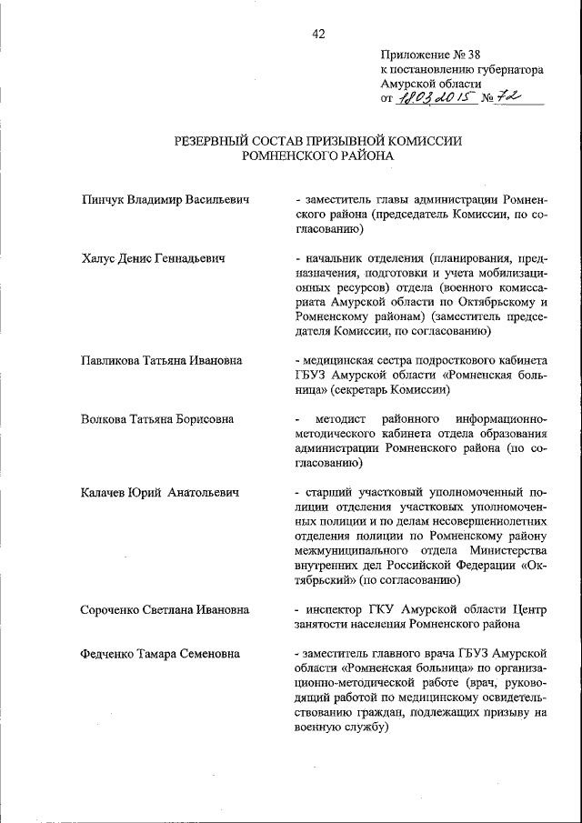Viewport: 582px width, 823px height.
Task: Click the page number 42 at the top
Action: click(x=318, y=34)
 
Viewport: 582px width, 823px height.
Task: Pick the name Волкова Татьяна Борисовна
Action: click(x=156, y=419)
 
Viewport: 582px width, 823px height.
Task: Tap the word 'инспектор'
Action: click(x=334, y=609)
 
